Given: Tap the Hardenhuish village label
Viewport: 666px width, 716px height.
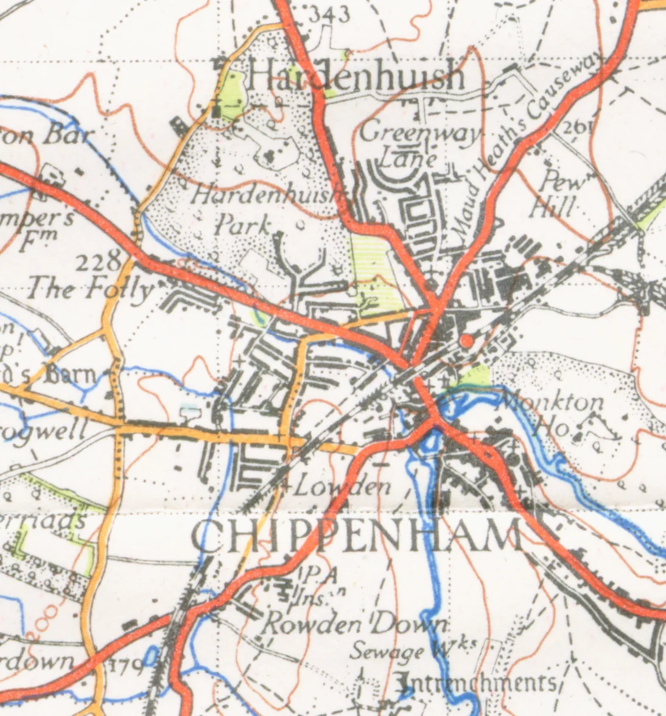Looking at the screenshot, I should pyautogui.click(x=356, y=77).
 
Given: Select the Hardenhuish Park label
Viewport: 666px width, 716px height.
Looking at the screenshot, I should pyautogui.click(x=268, y=210).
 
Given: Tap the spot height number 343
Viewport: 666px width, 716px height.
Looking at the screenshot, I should pyautogui.click(x=329, y=13).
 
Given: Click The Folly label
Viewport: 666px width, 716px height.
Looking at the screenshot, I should pyautogui.click(x=89, y=289).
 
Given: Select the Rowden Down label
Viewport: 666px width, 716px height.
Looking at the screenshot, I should pyautogui.click(x=357, y=624).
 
